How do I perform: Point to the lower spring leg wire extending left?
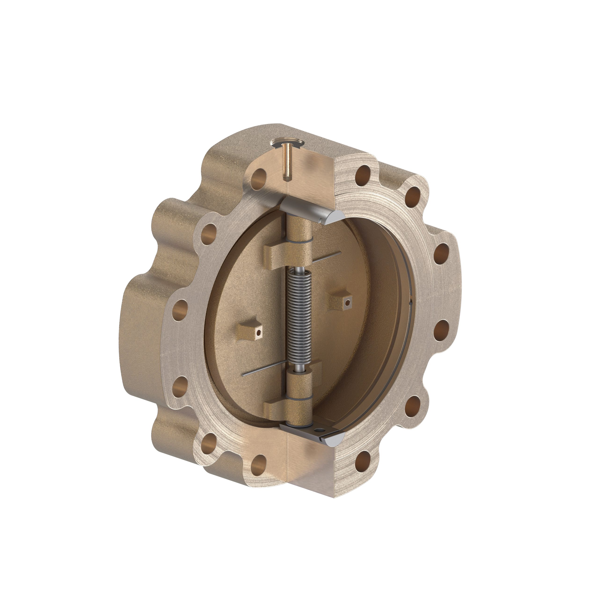coord(263,369)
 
